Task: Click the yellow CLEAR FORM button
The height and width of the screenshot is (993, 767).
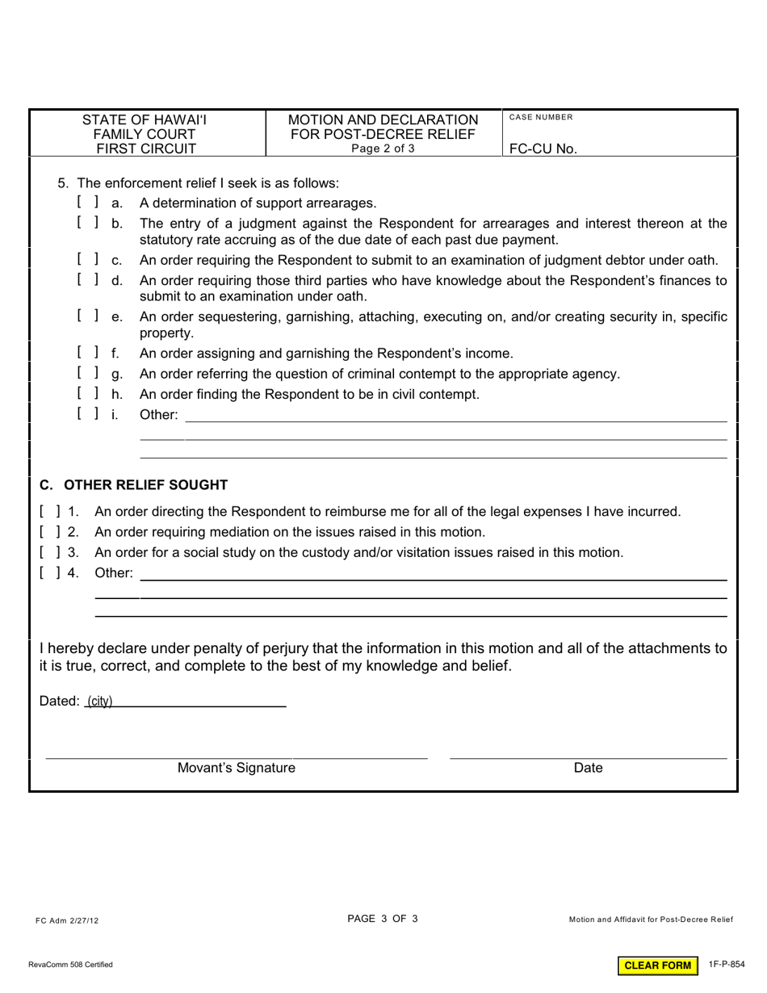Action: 658,966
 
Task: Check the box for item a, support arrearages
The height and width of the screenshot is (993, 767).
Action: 88,202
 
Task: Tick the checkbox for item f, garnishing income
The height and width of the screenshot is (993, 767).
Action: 88,352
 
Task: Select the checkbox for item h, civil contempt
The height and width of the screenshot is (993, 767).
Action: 88,393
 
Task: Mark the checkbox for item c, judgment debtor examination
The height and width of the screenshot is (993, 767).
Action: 88,259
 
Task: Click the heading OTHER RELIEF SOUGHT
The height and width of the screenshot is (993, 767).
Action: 134,484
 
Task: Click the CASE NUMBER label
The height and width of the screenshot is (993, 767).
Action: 541,118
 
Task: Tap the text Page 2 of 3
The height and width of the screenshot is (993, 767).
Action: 383,149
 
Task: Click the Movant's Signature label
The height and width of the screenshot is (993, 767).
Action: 236,768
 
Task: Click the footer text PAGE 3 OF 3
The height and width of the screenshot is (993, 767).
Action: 383,918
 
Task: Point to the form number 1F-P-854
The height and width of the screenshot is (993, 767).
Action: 727,965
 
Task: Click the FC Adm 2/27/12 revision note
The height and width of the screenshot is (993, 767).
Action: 67,920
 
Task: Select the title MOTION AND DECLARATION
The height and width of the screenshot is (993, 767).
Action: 383,120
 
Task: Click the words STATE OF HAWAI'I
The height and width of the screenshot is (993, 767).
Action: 145,120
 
